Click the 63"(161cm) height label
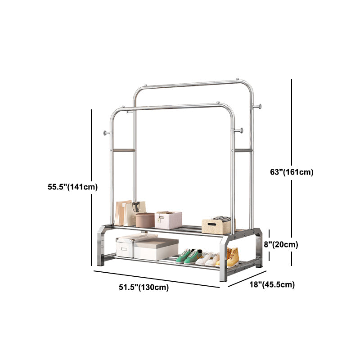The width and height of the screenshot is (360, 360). [292, 172]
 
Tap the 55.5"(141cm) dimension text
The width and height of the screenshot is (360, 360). [72, 187]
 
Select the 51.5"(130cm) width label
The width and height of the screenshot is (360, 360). [144, 287]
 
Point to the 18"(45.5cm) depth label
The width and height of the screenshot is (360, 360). [272, 285]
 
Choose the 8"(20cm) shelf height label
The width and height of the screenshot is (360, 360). [281, 244]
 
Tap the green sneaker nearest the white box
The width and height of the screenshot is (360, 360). [184, 256]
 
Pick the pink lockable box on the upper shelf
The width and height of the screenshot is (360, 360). [168, 220]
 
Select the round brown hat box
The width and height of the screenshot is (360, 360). [145, 220]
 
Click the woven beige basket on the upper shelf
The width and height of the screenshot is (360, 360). [216, 226]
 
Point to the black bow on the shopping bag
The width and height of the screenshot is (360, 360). [136, 206]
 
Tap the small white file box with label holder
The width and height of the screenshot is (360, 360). [125, 247]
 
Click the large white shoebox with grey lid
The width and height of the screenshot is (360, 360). [156, 249]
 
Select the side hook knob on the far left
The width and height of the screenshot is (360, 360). [106, 133]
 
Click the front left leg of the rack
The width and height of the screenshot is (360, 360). [101, 246]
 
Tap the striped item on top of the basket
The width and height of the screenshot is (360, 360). [221, 218]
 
